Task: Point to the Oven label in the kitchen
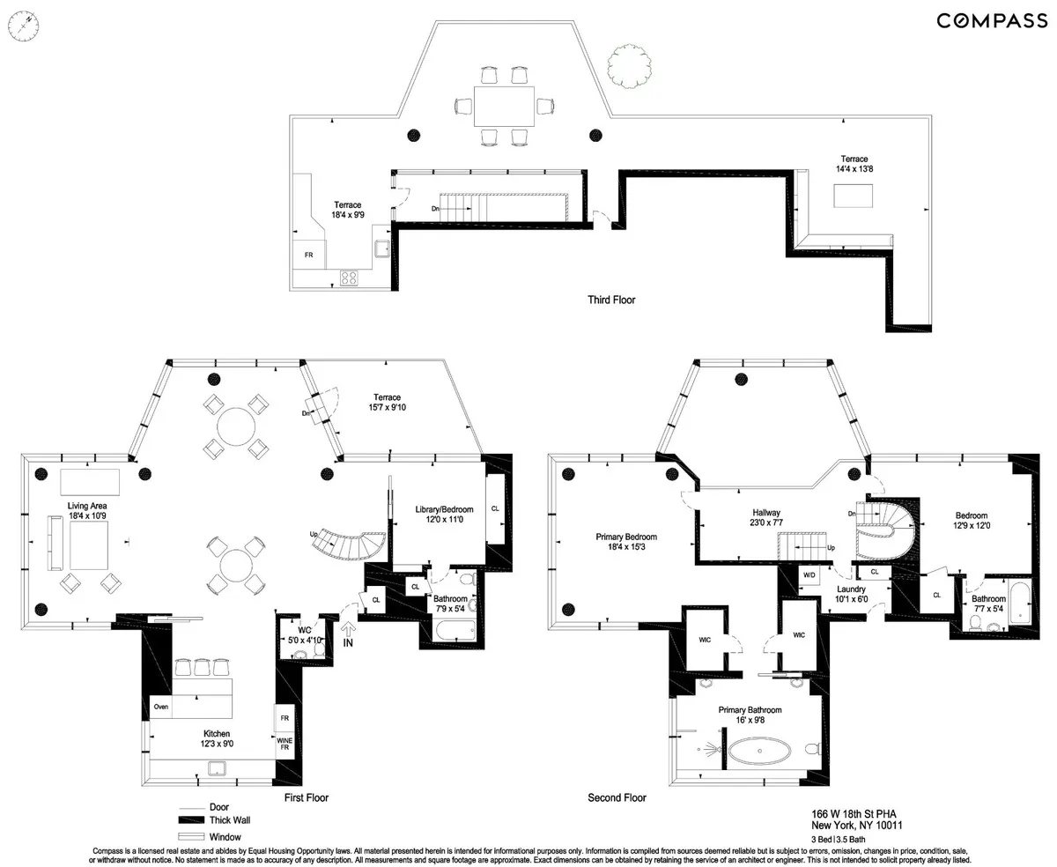click(161, 707)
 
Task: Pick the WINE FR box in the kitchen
click(285, 745)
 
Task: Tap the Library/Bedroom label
click(444, 515)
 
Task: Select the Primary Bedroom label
click(626, 542)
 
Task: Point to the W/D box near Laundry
click(808, 574)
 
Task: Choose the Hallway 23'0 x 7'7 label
click(766, 517)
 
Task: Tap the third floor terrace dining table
click(503, 106)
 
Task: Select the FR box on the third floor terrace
click(308, 254)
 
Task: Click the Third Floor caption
click(611, 300)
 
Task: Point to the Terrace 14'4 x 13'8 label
click(854, 164)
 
